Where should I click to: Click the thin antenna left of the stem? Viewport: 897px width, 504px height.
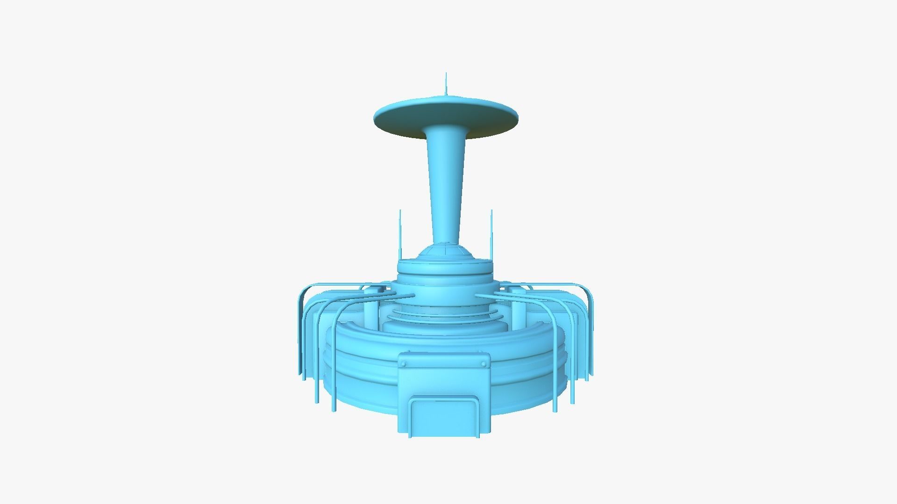(400, 233)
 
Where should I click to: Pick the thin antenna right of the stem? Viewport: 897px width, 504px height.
(491, 233)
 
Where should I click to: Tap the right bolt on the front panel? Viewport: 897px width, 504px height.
(484, 364)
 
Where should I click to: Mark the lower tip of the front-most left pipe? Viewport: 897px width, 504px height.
(334, 410)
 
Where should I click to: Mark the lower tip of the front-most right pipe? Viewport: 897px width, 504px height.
(555, 410)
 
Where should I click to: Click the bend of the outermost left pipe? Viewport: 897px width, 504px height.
(304, 292)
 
